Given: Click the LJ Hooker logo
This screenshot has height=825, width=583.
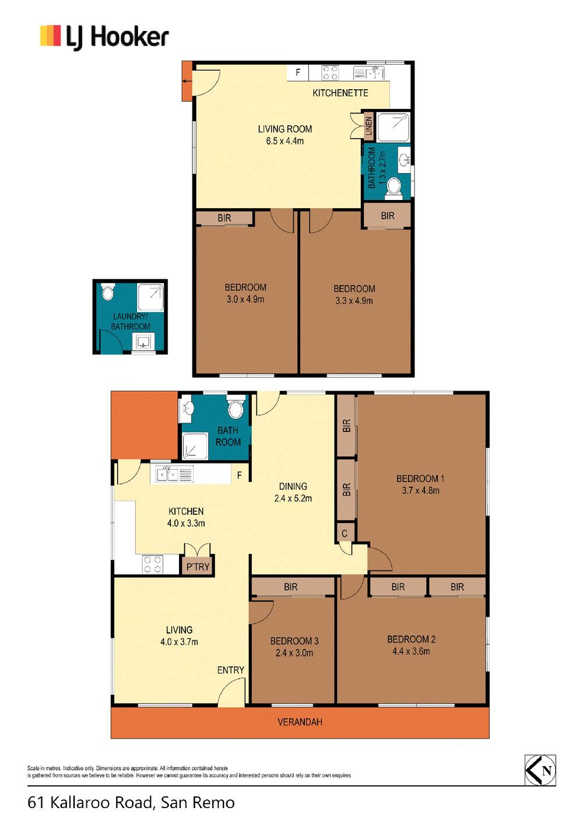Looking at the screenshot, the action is [104, 37].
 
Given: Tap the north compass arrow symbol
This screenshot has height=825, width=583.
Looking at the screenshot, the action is [540, 771].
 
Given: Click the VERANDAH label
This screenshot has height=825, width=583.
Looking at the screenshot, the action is [300, 722].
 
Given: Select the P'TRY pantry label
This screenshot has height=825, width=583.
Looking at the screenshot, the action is [198, 567].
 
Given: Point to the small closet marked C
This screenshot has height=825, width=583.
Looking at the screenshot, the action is [345, 533].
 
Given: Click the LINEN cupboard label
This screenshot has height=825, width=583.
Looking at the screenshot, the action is [369, 125].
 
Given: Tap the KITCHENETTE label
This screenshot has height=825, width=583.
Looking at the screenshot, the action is [340, 93].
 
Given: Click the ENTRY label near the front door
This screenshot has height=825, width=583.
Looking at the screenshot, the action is [230, 670].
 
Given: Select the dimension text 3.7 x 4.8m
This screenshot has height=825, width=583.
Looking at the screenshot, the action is [420, 490].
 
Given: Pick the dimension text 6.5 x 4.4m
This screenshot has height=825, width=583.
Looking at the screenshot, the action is [285, 141].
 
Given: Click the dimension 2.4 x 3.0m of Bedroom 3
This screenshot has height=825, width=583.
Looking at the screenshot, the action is [294, 653].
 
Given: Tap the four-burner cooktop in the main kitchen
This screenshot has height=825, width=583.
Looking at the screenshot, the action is [152, 564].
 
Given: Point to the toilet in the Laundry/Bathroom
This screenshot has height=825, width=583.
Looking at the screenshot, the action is [107, 292].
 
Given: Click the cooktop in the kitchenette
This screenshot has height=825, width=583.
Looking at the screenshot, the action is [330, 72].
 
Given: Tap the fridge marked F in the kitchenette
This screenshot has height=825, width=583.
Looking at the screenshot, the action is [298, 72].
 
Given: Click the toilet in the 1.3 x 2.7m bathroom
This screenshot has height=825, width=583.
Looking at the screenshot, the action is [394, 188].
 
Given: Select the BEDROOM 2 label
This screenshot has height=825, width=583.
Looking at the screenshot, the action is [411, 640].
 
